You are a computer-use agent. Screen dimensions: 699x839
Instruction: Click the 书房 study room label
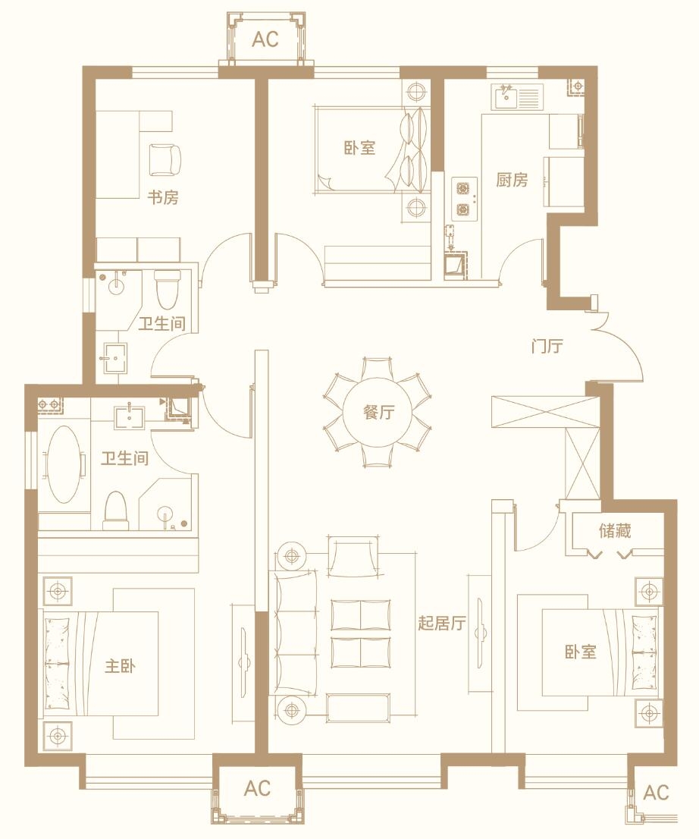163,197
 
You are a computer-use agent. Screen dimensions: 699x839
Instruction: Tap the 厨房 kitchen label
512,180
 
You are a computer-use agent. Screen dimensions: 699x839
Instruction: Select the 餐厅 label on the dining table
378,412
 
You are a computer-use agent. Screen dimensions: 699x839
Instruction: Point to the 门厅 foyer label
547,346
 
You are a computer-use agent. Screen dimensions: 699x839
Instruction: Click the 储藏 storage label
615,530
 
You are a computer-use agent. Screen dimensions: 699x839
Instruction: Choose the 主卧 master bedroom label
121,666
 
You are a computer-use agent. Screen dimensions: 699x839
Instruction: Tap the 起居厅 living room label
442,623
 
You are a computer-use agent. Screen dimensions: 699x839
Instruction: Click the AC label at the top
265,39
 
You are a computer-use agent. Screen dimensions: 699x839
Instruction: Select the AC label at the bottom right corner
656,793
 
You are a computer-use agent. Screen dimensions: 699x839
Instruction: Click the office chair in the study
165,159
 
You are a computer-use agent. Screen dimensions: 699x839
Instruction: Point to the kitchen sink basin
506,98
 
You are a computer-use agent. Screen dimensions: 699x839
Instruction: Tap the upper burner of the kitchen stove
462,189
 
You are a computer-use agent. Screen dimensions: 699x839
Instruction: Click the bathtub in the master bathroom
64,463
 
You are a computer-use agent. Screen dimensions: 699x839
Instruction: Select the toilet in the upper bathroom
168,289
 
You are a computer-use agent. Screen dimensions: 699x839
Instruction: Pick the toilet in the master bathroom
115,511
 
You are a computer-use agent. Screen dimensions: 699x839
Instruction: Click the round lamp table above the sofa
291,557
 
